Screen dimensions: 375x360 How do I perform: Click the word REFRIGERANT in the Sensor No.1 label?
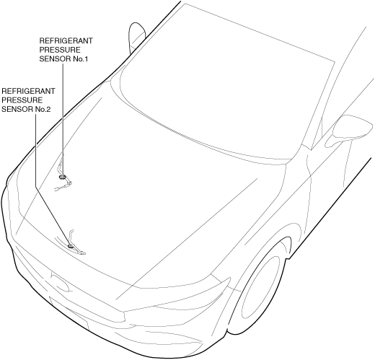click(66, 40)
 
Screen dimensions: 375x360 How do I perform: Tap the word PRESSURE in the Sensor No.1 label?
click(60, 50)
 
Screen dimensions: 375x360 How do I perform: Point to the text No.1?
click(80, 59)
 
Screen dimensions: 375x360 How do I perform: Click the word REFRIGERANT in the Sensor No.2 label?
click(28, 91)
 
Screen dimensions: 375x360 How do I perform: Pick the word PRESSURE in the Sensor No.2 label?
click(22, 100)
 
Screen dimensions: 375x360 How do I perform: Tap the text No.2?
click(43, 110)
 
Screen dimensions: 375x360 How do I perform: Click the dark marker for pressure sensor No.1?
click(63, 177)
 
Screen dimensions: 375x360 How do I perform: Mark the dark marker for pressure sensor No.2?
click(70, 246)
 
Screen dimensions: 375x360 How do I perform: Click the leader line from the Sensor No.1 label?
click(63, 119)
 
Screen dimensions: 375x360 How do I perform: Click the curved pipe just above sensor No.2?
click(71, 237)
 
